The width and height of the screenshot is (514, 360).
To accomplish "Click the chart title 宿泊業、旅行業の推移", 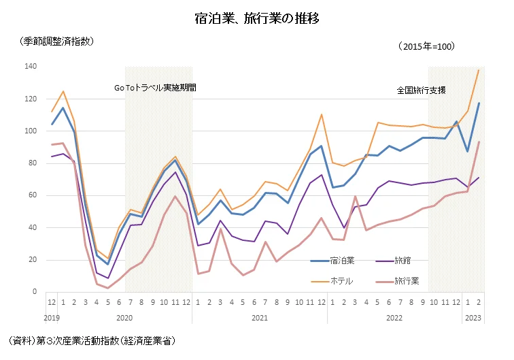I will (x=256, y=18).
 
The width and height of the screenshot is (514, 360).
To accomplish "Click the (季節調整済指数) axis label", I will (x=58, y=41).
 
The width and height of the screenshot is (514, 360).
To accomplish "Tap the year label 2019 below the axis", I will (x=52, y=317).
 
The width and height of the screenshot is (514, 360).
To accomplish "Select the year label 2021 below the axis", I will (x=259, y=317).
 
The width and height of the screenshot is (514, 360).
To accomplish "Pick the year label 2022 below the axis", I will (x=394, y=317).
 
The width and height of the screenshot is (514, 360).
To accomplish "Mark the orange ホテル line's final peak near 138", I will (x=479, y=70).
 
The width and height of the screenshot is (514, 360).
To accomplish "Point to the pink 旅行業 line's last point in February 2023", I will (x=479, y=142).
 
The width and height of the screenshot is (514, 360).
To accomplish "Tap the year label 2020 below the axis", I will (x=124, y=317).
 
